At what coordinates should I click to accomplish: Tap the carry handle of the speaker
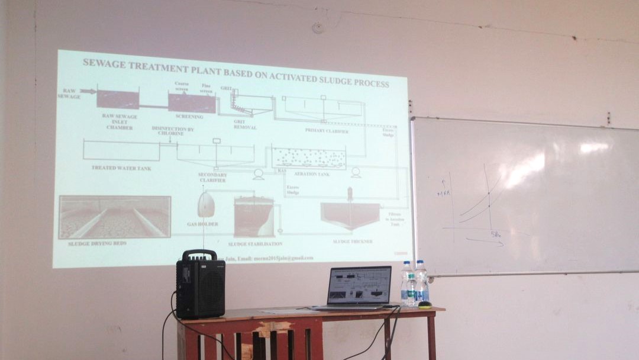pyautogui.click(x=199, y=255)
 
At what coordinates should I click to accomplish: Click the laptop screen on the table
pyautogui.click(x=360, y=285)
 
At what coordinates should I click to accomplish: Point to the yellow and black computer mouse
pyautogui.click(x=424, y=305)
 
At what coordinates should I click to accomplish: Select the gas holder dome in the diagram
pyautogui.click(x=206, y=205)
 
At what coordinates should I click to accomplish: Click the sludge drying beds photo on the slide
pyautogui.click(x=115, y=217)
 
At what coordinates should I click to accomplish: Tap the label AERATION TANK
pyautogui.click(x=311, y=174)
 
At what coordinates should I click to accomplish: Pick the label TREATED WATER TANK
pyautogui.click(x=121, y=168)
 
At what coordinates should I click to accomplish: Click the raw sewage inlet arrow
pyautogui.click(x=88, y=91)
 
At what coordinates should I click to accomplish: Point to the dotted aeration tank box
pyautogui.click(x=308, y=158)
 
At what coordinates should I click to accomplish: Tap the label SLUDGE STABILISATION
pyautogui.click(x=255, y=243)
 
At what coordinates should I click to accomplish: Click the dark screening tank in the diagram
pyautogui.click(x=192, y=102)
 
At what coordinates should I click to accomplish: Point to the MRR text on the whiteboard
pyautogui.click(x=444, y=193)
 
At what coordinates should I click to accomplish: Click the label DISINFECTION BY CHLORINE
pyautogui.click(x=173, y=131)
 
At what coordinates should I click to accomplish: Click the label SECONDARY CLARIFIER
pyautogui.click(x=213, y=177)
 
